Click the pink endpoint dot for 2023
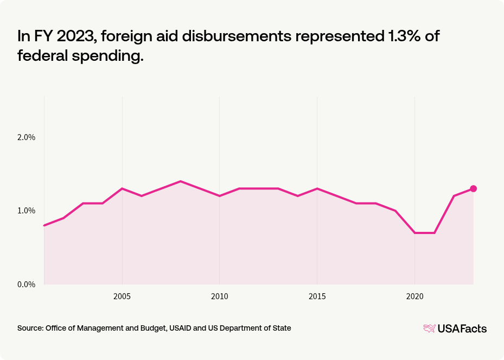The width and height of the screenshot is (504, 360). click(x=473, y=188)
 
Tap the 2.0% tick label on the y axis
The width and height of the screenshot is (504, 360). click(x=26, y=137)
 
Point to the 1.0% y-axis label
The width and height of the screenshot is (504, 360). click(x=26, y=211)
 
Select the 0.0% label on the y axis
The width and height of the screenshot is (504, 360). click(x=26, y=285)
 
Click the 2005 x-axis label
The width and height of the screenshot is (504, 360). click(x=122, y=296)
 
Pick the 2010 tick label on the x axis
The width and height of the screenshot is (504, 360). click(x=219, y=296)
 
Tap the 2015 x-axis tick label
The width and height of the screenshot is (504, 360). click(x=317, y=296)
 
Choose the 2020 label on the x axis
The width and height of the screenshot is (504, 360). click(x=414, y=296)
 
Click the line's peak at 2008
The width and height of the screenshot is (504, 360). click(x=181, y=181)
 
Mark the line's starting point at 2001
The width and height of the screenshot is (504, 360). click(x=44, y=225)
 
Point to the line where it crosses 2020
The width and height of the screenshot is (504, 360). click(x=414, y=232)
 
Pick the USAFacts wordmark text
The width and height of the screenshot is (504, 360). click(x=462, y=329)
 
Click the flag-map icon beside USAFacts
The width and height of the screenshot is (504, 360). click(x=429, y=328)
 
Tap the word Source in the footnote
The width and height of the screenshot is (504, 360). click(x=30, y=328)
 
